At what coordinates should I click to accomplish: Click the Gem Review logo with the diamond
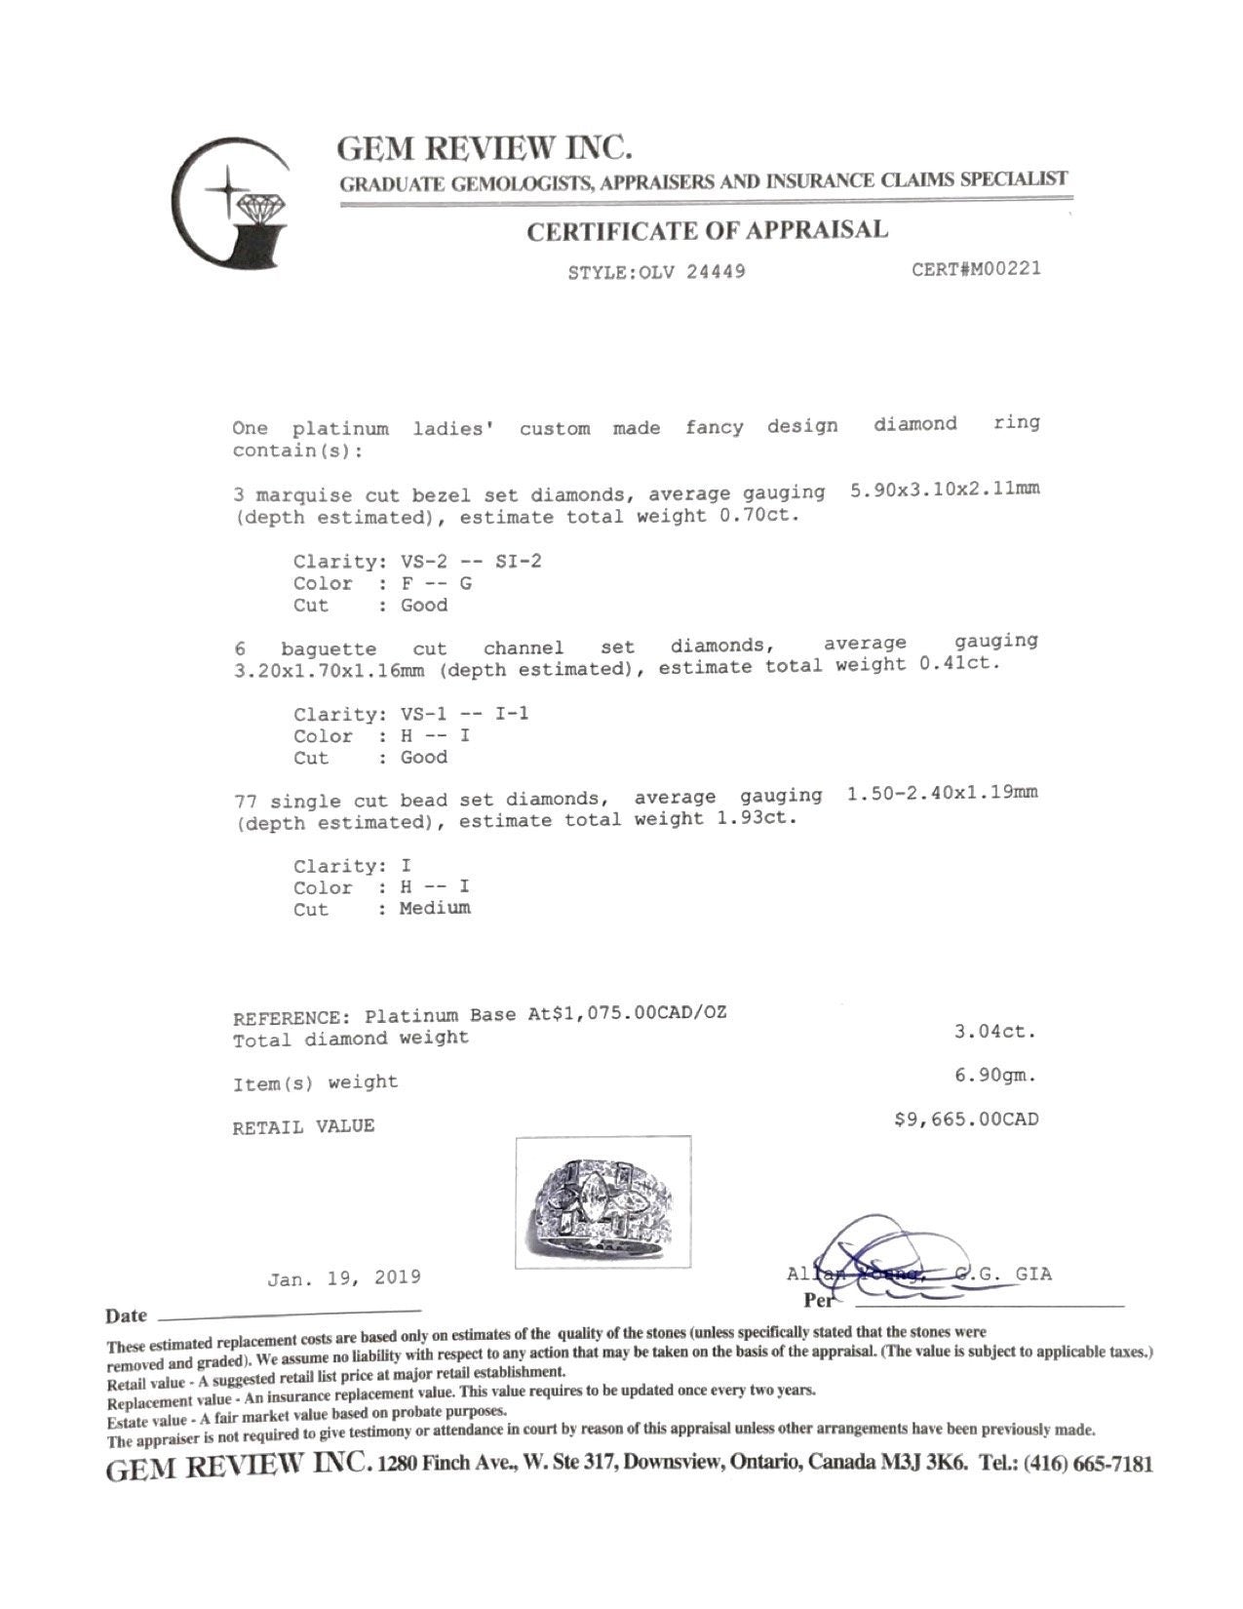click(231, 202)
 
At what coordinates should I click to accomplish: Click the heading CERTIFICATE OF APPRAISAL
click(707, 231)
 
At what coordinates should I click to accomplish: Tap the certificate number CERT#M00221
click(976, 267)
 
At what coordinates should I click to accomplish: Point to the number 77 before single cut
click(247, 803)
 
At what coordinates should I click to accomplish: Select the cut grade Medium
click(435, 908)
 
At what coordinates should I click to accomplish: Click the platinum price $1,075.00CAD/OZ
click(640, 1014)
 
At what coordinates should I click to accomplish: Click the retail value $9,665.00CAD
click(966, 1119)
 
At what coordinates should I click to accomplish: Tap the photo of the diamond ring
click(602, 1201)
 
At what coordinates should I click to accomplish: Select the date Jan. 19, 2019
click(344, 1277)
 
